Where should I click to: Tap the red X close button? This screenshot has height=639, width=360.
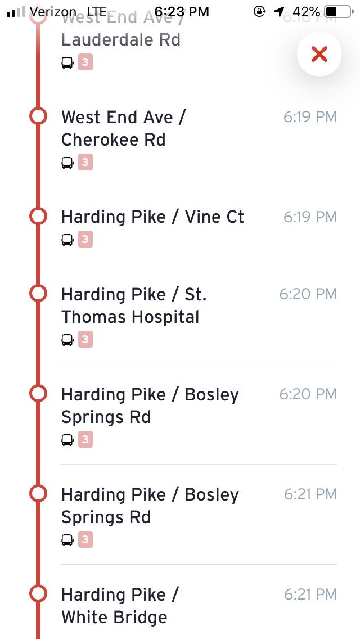tap(319, 54)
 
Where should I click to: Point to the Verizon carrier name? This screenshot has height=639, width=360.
tap(53, 11)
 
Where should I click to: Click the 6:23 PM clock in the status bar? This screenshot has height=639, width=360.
tap(181, 11)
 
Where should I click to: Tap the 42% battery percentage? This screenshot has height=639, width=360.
tap(307, 11)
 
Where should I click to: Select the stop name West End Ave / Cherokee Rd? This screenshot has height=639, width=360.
tap(124, 128)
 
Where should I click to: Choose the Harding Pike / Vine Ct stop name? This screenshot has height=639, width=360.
tap(152, 217)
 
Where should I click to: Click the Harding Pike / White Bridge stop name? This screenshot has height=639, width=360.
tap(119, 606)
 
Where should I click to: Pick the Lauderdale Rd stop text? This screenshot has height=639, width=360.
tap(120, 40)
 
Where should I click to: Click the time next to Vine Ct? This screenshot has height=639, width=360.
tap(310, 217)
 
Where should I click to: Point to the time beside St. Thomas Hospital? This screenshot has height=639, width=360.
tap(308, 294)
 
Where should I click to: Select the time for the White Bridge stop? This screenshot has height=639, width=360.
tap(310, 594)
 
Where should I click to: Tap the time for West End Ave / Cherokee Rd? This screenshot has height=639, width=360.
tap(310, 117)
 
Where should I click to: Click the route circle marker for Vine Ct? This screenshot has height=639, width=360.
tap(38, 216)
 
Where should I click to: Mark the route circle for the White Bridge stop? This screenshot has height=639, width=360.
tap(38, 593)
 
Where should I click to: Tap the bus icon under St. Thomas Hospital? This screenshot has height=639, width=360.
tap(67, 339)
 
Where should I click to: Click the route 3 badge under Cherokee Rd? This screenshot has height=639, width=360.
tap(85, 163)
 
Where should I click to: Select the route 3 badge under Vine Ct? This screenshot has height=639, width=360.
tap(85, 240)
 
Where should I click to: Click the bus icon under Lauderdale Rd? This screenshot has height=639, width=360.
tap(67, 62)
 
